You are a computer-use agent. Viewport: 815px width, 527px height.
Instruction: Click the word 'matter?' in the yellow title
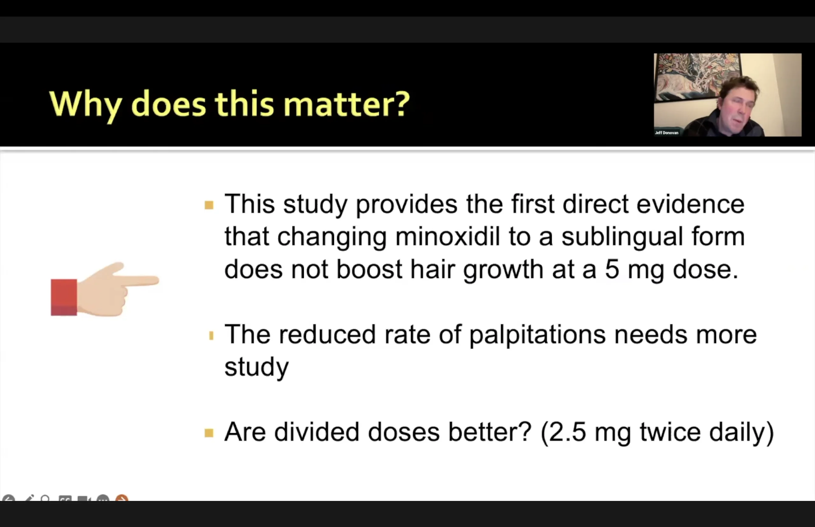click(x=346, y=104)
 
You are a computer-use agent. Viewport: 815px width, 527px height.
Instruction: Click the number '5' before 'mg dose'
click(x=612, y=270)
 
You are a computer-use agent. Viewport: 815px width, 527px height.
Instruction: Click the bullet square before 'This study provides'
click(x=209, y=205)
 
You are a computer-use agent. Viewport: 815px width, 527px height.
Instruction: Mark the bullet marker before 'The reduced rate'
click(x=211, y=336)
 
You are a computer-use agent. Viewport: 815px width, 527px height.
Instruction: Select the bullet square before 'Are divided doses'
click(x=209, y=433)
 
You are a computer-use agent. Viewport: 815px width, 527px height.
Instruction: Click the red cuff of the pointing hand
click(x=64, y=297)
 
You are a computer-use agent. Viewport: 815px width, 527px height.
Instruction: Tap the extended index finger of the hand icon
click(x=137, y=281)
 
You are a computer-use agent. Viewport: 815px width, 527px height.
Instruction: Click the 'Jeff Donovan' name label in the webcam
click(x=666, y=133)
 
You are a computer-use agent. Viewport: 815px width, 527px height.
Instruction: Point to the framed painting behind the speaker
click(x=697, y=77)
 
